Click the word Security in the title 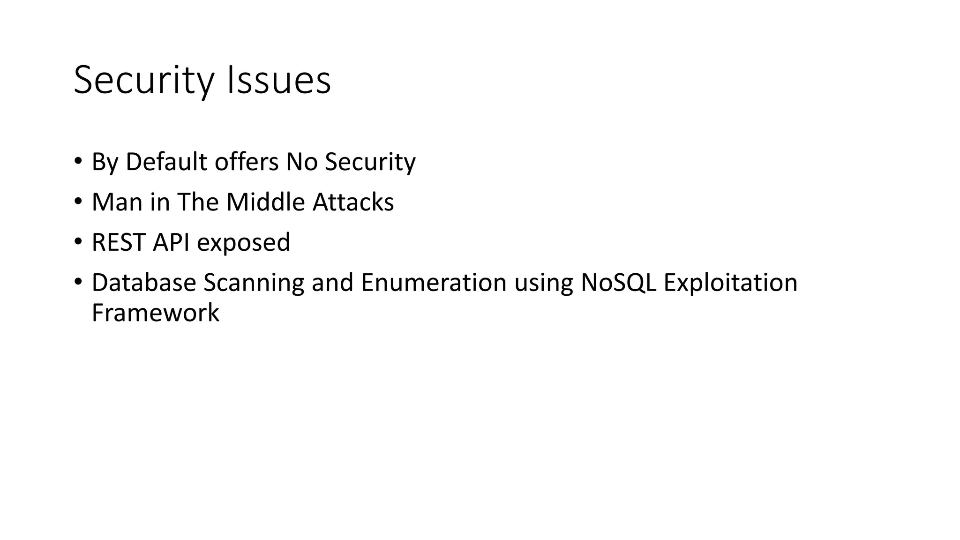[143, 81]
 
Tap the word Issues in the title [278, 81]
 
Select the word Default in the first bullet [166, 162]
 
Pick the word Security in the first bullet [370, 162]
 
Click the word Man [117, 202]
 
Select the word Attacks [353, 202]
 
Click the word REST [118, 242]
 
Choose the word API [171, 242]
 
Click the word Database [143, 283]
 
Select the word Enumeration [434, 283]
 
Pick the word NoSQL [618, 283]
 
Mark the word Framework [155, 313]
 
